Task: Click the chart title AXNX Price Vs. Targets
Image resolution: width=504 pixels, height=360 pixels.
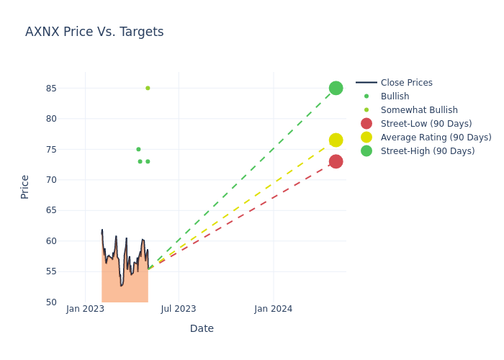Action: [94, 32]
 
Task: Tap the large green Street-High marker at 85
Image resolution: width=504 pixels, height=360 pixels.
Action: [336, 88]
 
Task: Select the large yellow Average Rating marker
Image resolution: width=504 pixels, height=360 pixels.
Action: [336, 140]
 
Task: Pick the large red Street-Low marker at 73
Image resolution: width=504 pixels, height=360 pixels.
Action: [336, 161]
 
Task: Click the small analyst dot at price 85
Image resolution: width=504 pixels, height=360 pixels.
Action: [148, 88]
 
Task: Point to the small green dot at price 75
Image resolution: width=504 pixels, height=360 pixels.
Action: [138, 149]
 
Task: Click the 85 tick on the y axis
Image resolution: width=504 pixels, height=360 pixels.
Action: [50, 89]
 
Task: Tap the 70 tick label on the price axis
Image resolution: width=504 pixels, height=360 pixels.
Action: [50, 180]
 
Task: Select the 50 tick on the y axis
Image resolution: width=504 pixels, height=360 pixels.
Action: [50, 302]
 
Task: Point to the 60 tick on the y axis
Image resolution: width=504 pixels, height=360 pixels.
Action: [50, 241]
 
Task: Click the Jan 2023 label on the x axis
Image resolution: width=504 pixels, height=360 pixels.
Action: [85, 309]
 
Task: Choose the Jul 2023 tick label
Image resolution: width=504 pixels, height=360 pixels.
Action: [179, 309]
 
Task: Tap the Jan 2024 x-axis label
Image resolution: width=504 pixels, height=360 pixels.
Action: [274, 309]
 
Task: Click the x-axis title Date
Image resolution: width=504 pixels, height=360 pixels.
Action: [202, 328]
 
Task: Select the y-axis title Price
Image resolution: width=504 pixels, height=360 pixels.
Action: [25, 186]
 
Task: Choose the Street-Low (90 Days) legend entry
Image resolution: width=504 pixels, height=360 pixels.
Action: [426, 124]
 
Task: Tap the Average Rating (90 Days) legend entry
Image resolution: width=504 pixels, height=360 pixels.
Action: [436, 138]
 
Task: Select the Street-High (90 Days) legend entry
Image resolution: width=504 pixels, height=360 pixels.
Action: [428, 151]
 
